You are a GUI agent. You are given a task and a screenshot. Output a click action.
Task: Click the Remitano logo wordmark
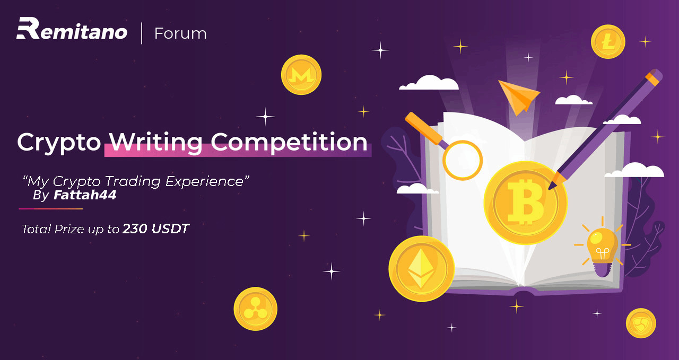point(72,29)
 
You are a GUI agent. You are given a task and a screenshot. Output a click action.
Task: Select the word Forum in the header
point(180,33)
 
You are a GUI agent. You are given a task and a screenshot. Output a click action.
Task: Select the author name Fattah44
point(85,195)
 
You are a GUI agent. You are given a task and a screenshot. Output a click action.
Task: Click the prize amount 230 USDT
point(156,229)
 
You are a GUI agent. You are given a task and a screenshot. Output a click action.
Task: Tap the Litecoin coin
point(608,41)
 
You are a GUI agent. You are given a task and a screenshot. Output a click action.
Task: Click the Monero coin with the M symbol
point(301,75)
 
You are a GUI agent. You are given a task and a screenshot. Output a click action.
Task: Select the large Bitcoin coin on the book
point(525,203)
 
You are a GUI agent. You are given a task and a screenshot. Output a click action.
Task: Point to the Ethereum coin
point(421,268)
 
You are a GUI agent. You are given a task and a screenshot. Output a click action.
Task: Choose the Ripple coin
point(255,309)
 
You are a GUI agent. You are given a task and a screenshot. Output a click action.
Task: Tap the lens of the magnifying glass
point(463,160)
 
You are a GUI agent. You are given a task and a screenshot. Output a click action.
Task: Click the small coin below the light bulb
point(641,323)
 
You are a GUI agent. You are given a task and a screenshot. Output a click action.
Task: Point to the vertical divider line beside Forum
point(142,33)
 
